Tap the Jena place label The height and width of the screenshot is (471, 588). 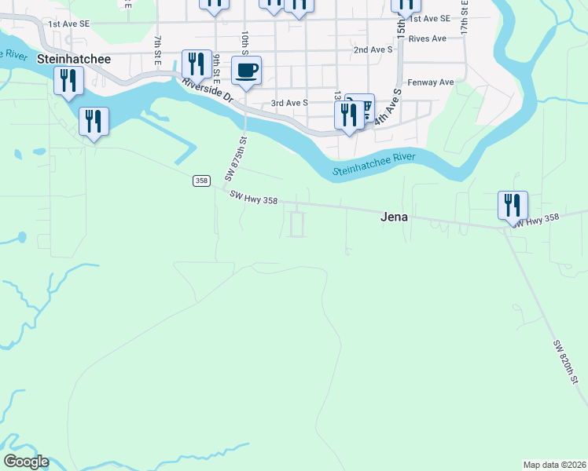[394, 217]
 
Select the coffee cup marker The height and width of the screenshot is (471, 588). [246, 71]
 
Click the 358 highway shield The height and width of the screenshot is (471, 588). [200, 181]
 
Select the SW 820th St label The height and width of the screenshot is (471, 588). [565, 362]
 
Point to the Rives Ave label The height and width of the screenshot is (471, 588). [428, 38]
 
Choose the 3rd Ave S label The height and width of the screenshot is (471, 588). [289, 102]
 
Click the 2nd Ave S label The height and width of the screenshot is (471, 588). [373, 49]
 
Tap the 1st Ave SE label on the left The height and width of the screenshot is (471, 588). [69, 24]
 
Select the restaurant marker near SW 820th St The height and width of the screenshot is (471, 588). [513, 206]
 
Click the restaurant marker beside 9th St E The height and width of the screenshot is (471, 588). [197, 64]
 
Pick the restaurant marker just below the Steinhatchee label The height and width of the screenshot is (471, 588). [68, 80]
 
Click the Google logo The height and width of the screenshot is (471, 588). [26, 462]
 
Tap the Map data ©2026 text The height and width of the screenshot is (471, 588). [554, 465]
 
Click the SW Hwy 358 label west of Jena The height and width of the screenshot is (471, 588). [254, 200]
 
